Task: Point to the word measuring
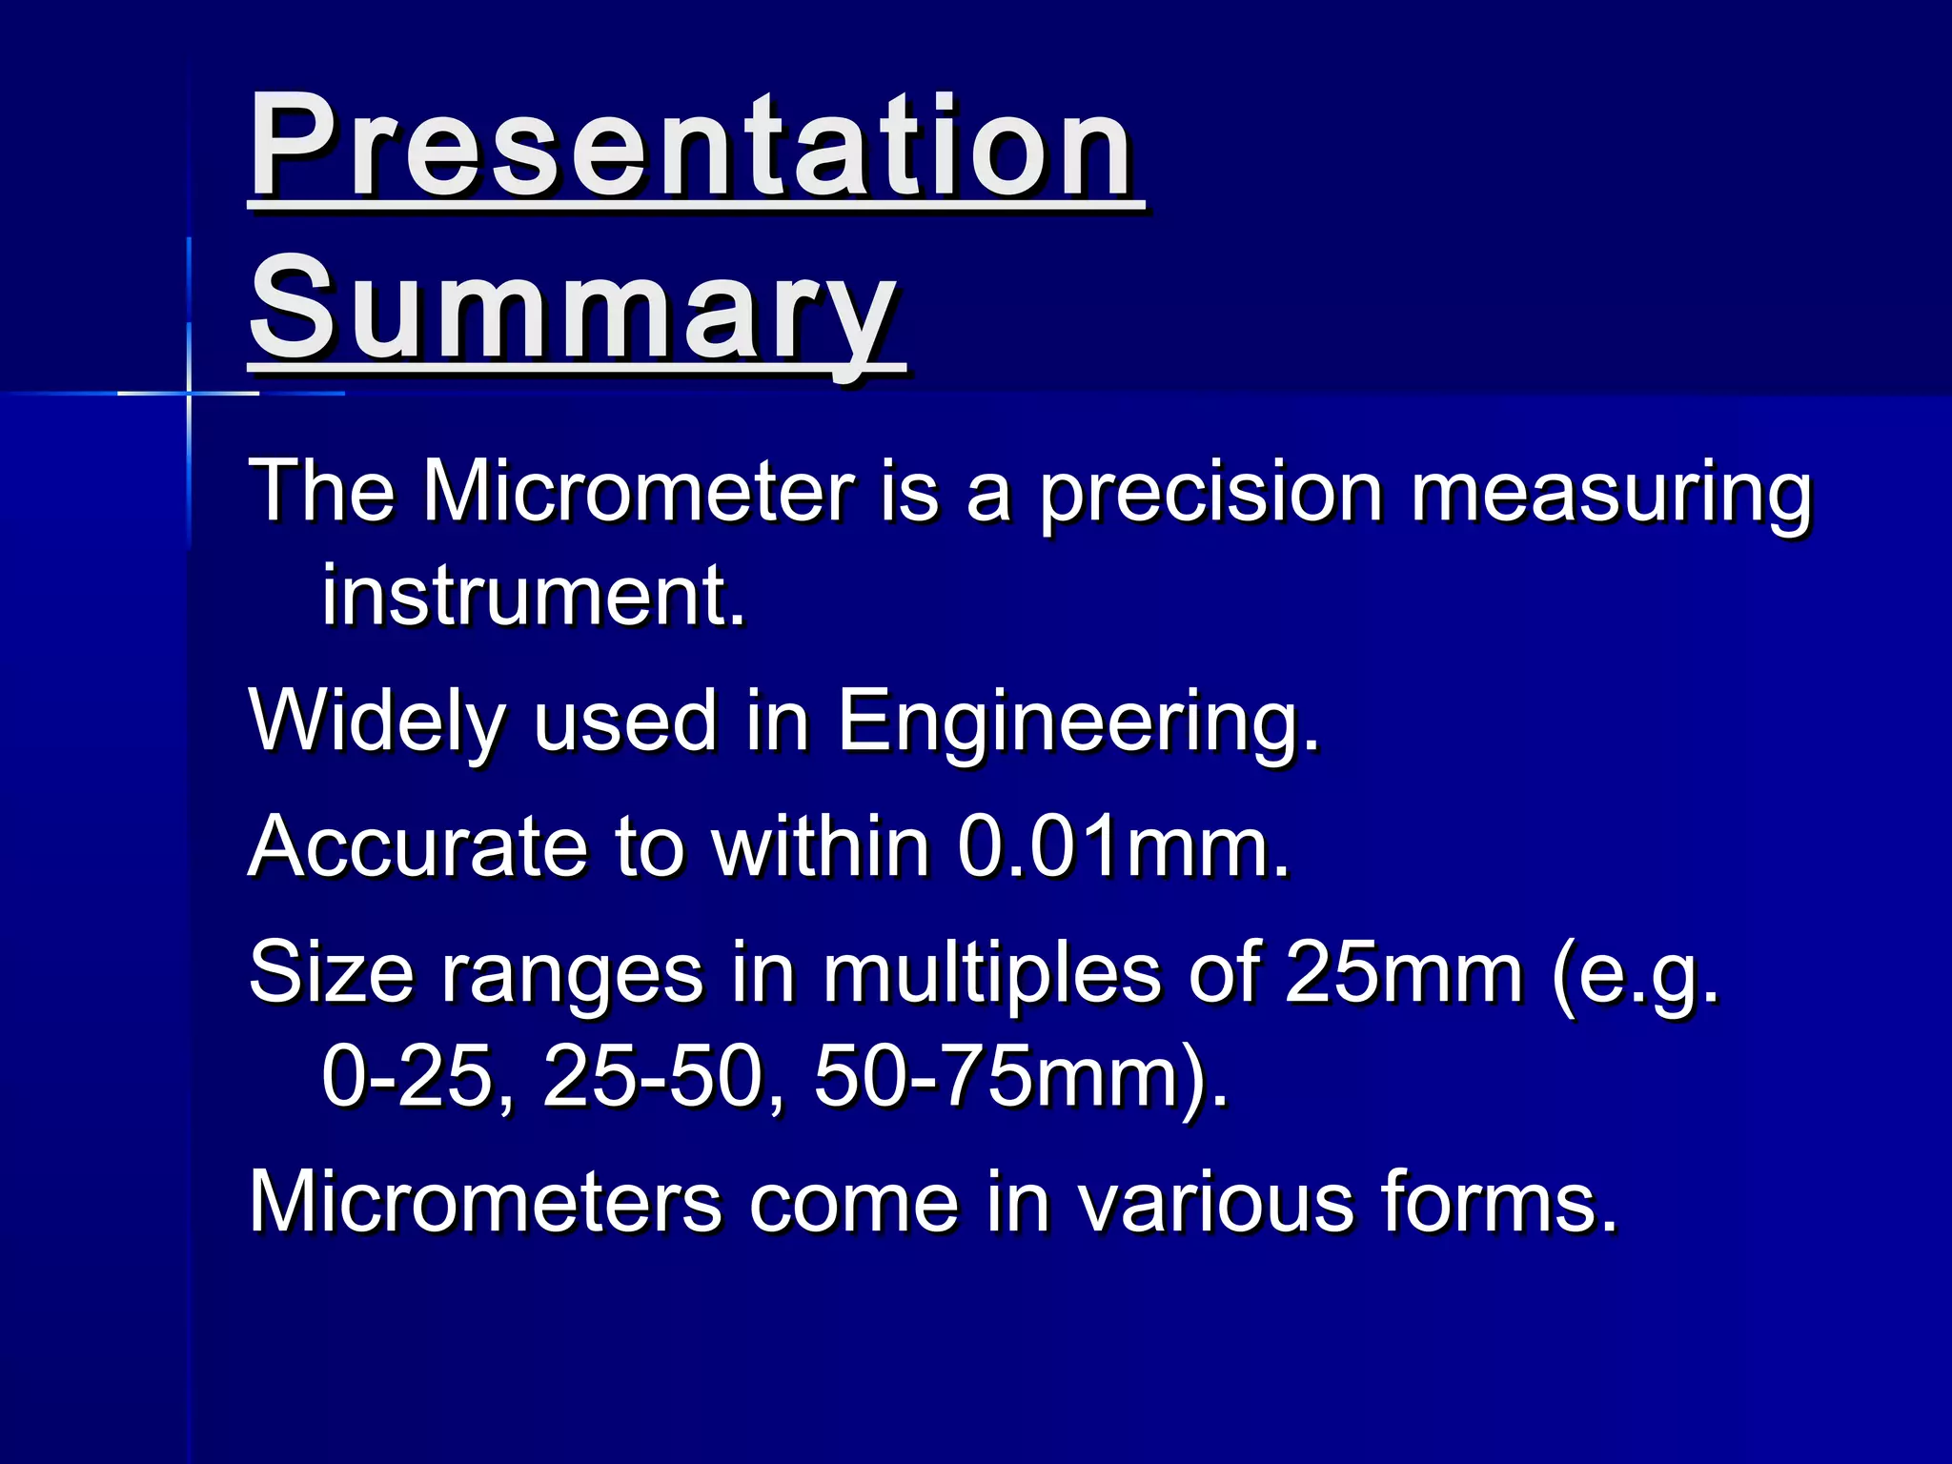(1611, 494)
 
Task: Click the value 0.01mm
(1123, 846)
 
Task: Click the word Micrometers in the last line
(484, 1203)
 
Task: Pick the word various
(1215, 1203)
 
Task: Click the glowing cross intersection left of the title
(189, 392)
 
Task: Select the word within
(820, 846)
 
